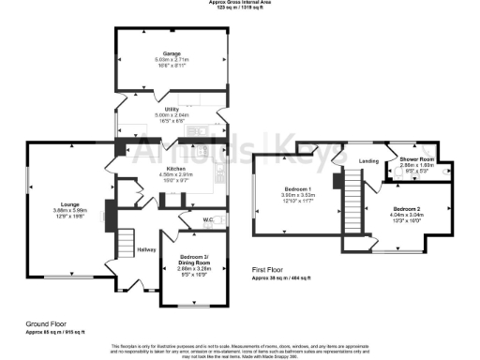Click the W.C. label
coord(211,222)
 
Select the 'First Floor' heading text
coord(272,269)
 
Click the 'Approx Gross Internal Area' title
coord(239,3)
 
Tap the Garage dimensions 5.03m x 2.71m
coord(171,61)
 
